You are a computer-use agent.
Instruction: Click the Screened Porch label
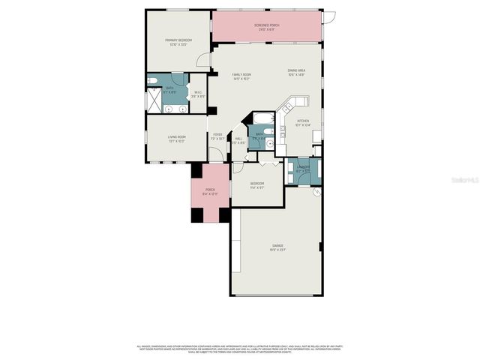pos(267,27)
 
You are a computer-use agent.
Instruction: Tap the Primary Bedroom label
pos(178,41)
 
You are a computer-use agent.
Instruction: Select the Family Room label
pos(241,76)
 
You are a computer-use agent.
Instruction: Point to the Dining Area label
pos(296,73)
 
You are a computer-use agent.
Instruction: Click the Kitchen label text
pos(302,123)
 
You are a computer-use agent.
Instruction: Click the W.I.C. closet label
pos(197,94)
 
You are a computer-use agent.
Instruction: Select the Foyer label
pos(217,137)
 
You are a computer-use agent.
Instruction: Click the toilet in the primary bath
pos(152,82)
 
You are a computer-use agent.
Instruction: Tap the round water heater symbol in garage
pos(316,192)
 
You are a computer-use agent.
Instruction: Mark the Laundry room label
pos(302,169)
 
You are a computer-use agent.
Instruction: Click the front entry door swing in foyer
pos(215,155)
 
